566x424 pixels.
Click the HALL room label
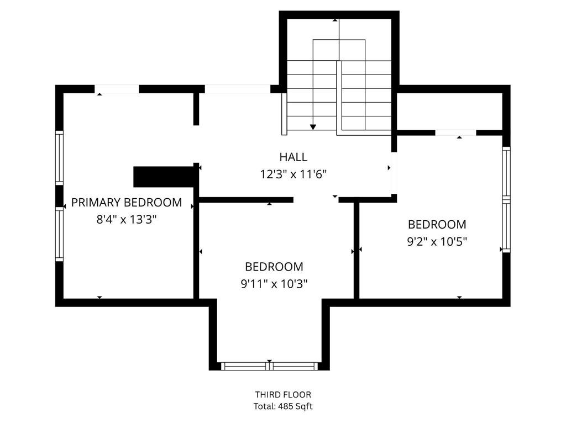(x=294, y=157)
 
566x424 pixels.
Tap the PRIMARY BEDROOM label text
(x=127, y=203)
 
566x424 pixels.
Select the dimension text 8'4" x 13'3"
(x=127, y=219)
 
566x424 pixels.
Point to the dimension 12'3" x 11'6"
(x=294, y=174)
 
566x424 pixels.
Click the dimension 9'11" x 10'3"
(x=274, y=284)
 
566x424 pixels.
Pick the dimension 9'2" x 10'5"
(x=437, y=241)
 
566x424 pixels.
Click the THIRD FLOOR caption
(x=283, y=394)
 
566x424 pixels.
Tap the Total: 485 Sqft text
(x=283, y=406)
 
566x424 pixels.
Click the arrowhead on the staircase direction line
(x=313, y=127)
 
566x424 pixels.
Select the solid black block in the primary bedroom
(x=165, y=177)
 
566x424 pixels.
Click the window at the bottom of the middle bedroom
(x=269, y=367)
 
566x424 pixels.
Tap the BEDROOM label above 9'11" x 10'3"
(x=274, y=267)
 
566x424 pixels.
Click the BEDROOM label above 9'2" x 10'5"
(x=437, y=225)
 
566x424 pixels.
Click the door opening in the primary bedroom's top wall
(x=117, y=89)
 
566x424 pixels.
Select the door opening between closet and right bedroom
(x=455, y=132)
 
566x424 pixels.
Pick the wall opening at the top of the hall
(x=238, y=89)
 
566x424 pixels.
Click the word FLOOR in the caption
(x=297, y=394)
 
